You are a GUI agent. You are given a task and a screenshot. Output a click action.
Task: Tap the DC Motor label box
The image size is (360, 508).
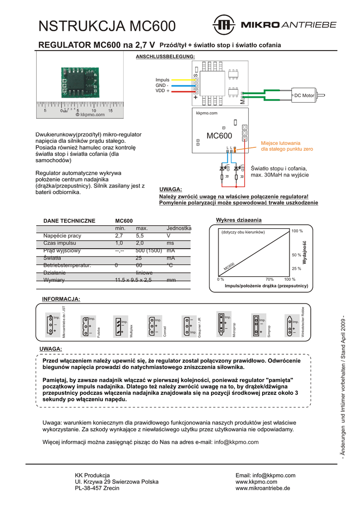click(304, 95)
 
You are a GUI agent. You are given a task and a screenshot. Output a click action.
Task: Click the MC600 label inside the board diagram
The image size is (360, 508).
click(219, 136)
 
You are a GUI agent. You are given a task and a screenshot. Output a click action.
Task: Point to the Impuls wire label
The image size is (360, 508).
click(162, 80)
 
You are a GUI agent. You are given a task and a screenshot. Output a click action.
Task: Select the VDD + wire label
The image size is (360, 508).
click(162, 91)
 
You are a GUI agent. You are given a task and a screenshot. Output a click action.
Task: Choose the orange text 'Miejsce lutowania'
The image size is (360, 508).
click(281, 143)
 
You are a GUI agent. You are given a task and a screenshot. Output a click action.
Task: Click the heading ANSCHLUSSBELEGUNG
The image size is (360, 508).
click(165, 57)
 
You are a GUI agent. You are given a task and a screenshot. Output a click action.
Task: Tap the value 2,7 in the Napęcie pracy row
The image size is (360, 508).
click(119, 236)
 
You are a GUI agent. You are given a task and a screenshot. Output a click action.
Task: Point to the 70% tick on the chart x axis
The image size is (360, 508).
click(270, 279)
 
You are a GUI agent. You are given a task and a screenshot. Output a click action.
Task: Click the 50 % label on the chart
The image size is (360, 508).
click(296, 255)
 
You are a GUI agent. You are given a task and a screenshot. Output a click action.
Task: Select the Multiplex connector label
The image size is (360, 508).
click(132, 330)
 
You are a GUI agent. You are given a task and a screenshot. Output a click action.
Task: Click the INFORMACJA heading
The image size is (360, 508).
click(61, 299)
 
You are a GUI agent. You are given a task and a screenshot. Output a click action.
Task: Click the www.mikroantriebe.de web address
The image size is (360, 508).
click(263, 488)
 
